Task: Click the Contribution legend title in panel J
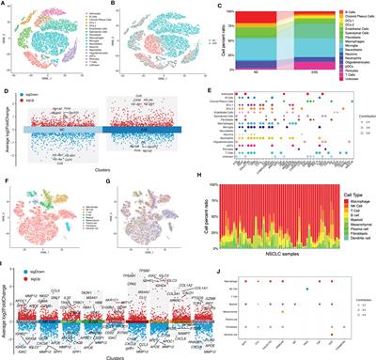[x=352, y=300]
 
